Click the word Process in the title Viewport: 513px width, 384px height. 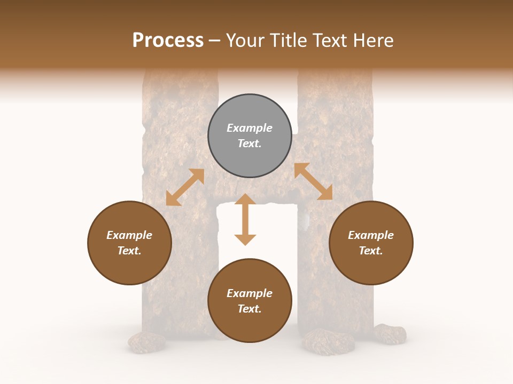168,41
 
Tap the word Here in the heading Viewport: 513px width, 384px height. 373,41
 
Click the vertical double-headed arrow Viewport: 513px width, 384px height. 245,220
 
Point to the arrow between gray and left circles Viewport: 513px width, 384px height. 185,187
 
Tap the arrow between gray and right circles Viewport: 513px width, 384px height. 313,182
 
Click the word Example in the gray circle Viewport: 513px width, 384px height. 250,128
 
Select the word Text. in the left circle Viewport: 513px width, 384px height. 129,251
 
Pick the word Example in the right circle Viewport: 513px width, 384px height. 371,235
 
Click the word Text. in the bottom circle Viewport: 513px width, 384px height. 250,309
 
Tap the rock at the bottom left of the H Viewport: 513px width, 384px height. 146,342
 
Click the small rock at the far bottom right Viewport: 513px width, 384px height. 390,334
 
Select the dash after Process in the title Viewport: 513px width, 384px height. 215,41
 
